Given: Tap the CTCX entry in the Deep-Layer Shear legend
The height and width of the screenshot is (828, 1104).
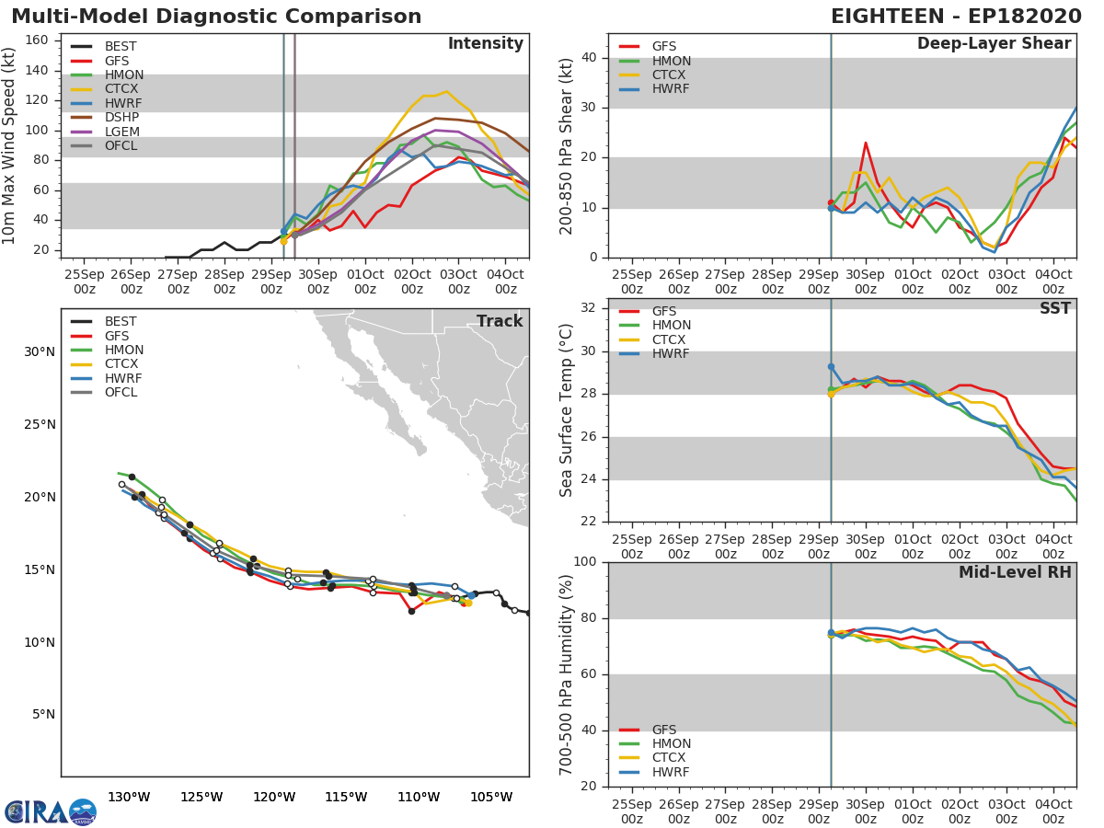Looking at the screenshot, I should pyautogui.click(x=670, y=75).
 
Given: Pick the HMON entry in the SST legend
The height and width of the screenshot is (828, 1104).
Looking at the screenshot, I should pyautogui.click(x=672, y=326).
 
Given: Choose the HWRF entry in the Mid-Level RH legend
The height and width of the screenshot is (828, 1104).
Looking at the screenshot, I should pyautogui.click(x=670, y=772).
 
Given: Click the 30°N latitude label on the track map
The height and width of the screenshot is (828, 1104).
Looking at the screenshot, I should pyautogui.click(x=39, y=351).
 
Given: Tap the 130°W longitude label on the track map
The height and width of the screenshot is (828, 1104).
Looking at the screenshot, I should pyautogui.click(x=129, y=797).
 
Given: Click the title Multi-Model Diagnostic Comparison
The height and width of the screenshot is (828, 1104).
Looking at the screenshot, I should pyautogui.click(x=216, y=17).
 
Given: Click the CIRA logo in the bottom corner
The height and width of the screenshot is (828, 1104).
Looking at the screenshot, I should pyautogui.click(x=51, y=811).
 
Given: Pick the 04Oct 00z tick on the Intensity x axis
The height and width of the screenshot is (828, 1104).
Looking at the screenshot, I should pyautogui.click(x=506, y=282).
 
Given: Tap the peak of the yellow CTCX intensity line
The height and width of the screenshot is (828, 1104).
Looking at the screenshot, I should pyautogui.click(x=446, y=91).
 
